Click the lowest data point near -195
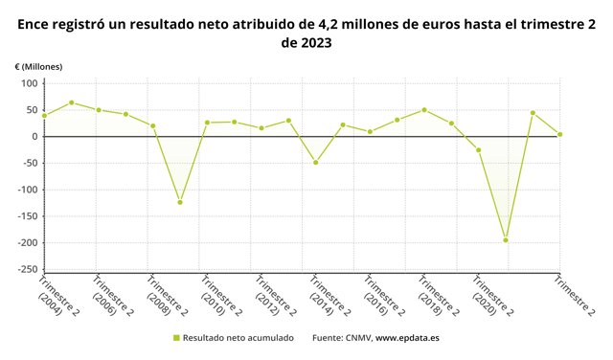point(506,240)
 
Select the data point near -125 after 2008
point(180,202)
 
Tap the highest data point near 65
point(72,102)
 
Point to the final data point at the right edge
point(559,134)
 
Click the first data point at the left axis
point(45,115)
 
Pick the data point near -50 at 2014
point(315,162)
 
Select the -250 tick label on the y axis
point(28,269)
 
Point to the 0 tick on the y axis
point(35,136)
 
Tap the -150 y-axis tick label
point(28,216)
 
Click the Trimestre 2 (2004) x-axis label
point(57,296)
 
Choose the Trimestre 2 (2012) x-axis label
point(275,296)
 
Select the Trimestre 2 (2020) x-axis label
point(492,296)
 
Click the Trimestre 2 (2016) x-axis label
point(384,296)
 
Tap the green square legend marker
point(176,338)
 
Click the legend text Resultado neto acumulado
point(238,338)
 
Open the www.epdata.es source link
point(407,338)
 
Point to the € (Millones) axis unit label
point(38,67)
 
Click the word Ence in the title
point(33,24)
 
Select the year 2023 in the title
point(316,42)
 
